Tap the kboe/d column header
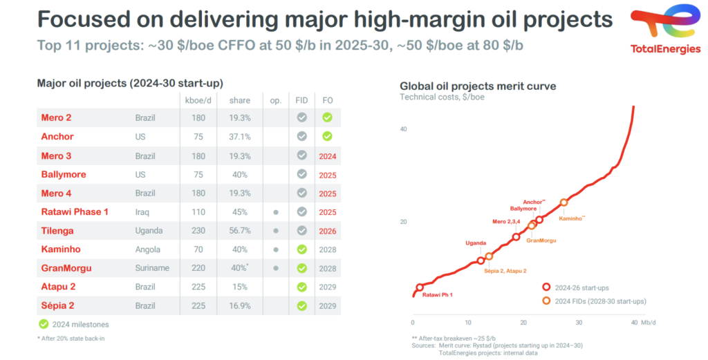pyautogui.click(x=198, y=100)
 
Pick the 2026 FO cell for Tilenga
pyautogui.click(x=328, y=231)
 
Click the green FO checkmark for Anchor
pyautogui.click(x=327, y=137)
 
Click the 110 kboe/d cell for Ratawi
pyautogui.click(x=198, y=212)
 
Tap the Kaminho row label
pyautogui.click(x=60, y=249)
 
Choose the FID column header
pyautogui.click(x=301, y=100)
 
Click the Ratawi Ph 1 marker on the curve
pyautogui.click(x=420, y=287)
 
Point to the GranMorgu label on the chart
pyautogui.click(x=541, y=240)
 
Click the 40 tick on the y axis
pyautogui.click(x=404, y=129)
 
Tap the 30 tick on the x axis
pyautogui.click(x=579, y=323)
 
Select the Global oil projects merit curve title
pyautogui.click(x=478, y=86)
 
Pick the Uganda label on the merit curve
pyautogui.click(x=475, y=243)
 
